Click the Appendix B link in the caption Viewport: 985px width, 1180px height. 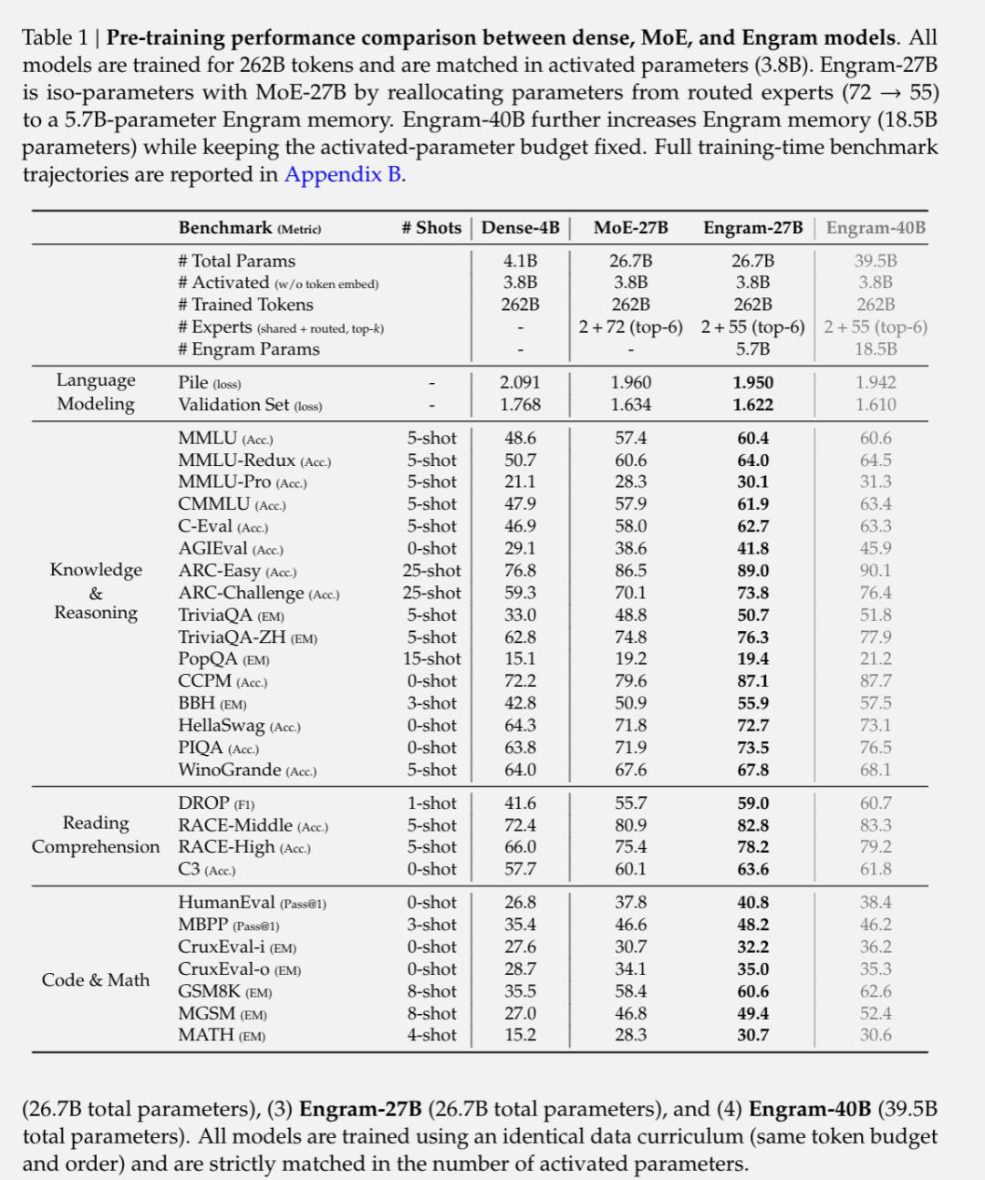pos(344,174)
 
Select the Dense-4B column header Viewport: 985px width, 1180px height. pos(520,228)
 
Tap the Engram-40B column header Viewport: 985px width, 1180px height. pos(876,228)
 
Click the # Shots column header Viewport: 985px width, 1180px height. pos(431,228)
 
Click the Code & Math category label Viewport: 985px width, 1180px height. pos(96,979)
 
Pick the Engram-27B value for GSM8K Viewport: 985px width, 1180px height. pos(753,991)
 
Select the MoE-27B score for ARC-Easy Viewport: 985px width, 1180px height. pos(630,571)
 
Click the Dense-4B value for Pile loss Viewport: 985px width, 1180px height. pos(520,383)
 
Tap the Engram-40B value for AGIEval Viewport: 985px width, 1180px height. pos(876,548)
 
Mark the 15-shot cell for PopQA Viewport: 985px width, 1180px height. pos(432,658)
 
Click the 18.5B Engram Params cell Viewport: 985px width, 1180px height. pos(876,348)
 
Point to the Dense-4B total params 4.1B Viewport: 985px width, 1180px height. pos(520,261)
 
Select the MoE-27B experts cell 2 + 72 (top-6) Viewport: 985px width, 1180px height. pos(630,326)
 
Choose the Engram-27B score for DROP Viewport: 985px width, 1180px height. pos(753,803)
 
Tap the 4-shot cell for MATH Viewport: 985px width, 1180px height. pos(432,1035)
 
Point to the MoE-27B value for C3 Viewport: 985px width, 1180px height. pos(630,869)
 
